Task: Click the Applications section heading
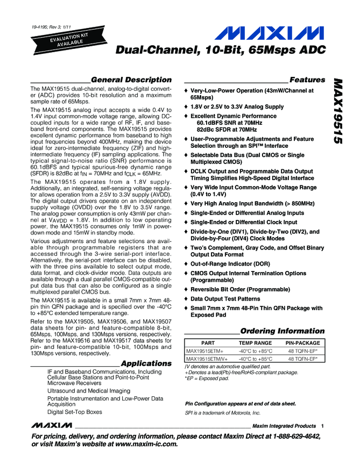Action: tap(146, 363)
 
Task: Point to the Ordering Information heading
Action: tap(282, 331)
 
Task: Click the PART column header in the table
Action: tap(208, 343)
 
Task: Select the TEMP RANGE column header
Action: tap(256, 343)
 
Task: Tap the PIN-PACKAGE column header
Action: tap(302, 343)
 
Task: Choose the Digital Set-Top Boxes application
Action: tap(74, 412)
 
